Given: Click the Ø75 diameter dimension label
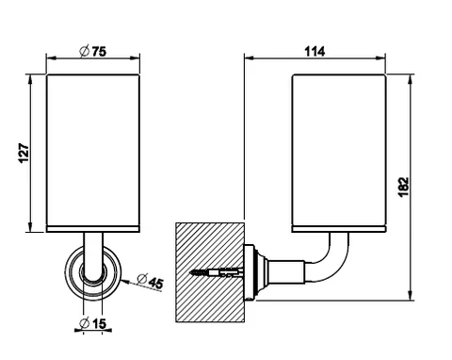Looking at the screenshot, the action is (93, 51).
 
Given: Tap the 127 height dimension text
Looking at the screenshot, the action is (24, 154).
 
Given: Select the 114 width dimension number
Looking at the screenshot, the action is (315, 51).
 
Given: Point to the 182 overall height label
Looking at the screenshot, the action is (403, 188).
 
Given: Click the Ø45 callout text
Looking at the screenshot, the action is (151, 281).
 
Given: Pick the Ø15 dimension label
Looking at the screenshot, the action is (93, 323).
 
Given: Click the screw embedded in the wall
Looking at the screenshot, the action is (216, 272).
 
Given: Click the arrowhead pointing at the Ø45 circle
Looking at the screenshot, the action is (124, 281).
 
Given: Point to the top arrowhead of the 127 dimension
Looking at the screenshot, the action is (30, 78).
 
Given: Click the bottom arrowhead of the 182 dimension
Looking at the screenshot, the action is (410, 296).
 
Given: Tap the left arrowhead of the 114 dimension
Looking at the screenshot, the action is (249, 57).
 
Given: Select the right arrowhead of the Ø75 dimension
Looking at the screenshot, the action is (136, 57).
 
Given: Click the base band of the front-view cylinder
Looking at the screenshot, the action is (93, 229).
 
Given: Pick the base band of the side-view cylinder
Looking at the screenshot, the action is (339, 229).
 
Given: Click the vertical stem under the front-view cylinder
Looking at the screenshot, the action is (93, 254).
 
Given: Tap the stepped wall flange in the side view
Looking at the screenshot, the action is (256, 272).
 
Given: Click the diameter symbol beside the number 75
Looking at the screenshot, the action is (85, 52).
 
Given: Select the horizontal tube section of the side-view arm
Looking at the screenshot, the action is (286, 272).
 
